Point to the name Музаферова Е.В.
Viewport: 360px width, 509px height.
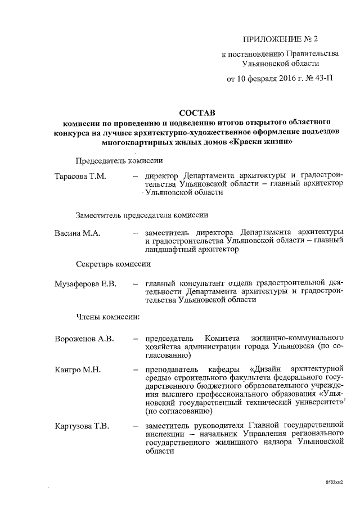point(85,284)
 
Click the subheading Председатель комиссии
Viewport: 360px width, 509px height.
point(116,160)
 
